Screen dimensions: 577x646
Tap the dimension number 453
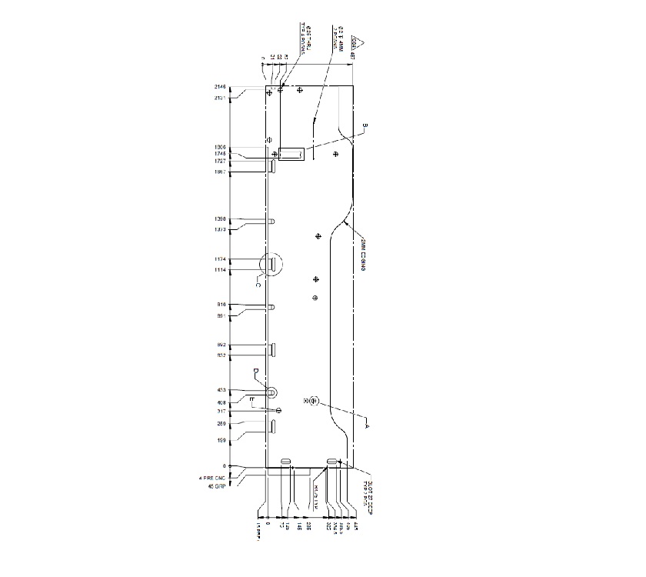coord(221,391)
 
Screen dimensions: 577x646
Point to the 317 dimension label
coord(221,412)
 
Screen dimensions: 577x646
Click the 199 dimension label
coord(221,440)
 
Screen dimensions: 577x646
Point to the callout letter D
coord(255,372)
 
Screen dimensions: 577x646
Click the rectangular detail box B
coord(291,154)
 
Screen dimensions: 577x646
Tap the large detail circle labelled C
coord(272,265)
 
